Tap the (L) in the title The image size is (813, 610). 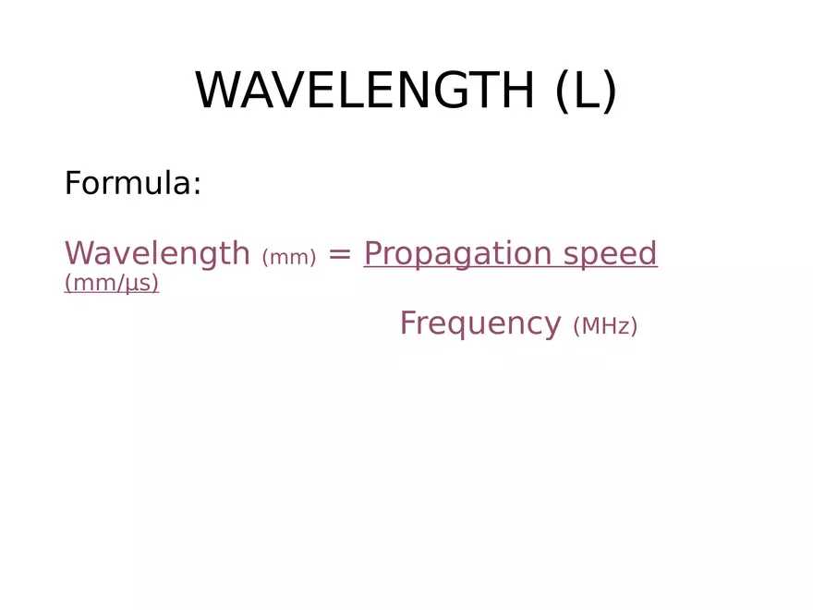(586, 91)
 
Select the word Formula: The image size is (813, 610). (133, 184)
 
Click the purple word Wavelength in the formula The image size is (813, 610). (157, 253)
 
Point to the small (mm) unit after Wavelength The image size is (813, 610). (289, 258)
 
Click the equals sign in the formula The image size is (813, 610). (340, 254)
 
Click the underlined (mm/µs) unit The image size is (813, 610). (112, 284)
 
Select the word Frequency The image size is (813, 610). (479, 323)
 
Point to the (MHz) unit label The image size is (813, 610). (605, 326)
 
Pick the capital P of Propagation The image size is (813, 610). (373, 253)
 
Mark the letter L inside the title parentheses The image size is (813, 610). (586, 91)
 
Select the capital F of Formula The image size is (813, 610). (73, 184)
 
